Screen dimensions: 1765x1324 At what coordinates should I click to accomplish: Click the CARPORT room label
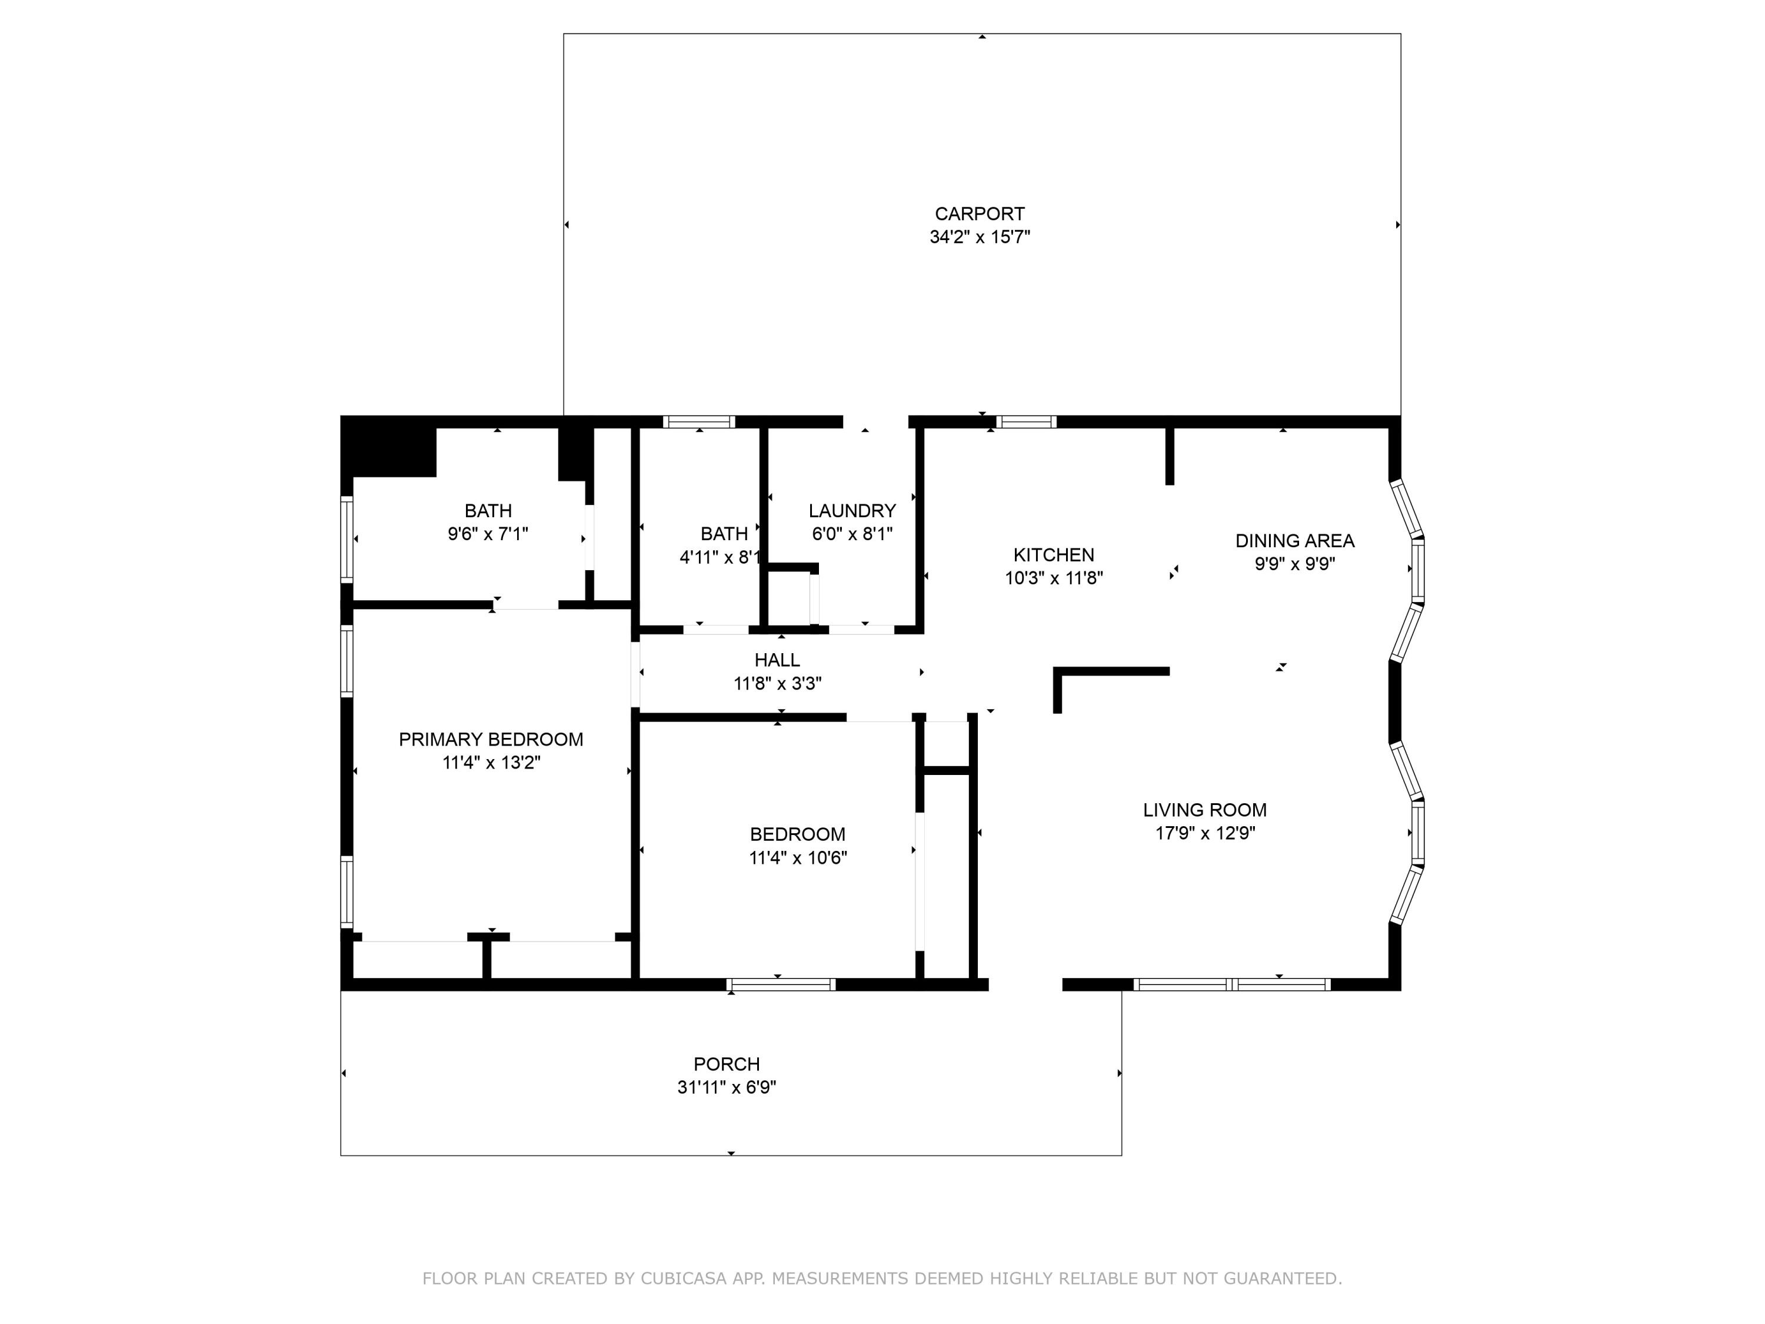[x=979, y=214]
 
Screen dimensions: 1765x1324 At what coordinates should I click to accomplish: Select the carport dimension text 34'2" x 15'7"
[x=979, y=237]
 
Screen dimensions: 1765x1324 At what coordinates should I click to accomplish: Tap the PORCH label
[x=726, y=1064]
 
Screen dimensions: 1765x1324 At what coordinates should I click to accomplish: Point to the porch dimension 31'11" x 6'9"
[x=726, y=1087]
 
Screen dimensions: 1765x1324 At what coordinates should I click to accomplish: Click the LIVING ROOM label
[x=1204, y=810]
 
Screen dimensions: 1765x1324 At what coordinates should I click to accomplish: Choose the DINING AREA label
[x=1294, y=541]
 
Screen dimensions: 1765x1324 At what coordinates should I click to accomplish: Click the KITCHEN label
[x=1053, y=555]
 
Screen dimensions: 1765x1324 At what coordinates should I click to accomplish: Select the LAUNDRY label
[x=851, y=511]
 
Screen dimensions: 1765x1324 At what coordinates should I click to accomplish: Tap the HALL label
[x=777, y=660]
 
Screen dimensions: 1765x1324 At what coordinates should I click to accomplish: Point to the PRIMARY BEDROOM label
[x=491, y=739]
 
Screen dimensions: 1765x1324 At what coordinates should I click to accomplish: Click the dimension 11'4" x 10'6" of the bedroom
[x=797, y=858]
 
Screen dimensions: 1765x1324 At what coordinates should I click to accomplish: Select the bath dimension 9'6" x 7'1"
[x=488, y=534]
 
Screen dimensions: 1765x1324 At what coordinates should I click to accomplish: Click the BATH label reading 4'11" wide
[x=724, y=534]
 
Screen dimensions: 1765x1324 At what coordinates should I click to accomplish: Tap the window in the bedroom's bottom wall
[x=781, y=985]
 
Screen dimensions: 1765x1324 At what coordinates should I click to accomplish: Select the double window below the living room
[x=1231, y=985]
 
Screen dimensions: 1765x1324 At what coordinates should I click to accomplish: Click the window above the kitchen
[x=1025, y=422]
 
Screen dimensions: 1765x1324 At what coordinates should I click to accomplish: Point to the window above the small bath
[x=699, y=422]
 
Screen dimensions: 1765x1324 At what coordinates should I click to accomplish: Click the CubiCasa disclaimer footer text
[x=882, y=1279]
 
